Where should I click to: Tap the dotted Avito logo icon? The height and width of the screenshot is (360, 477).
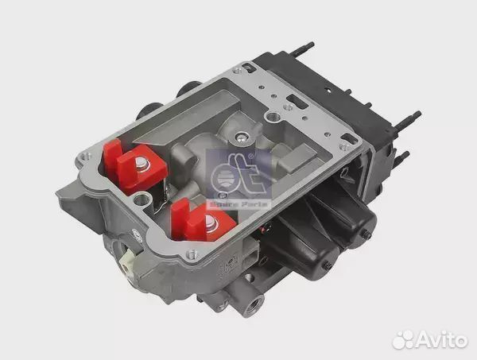pyautogui.click(x=403, y=339)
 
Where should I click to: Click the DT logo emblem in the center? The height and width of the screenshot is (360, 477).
pyautogui.click(x=238, y=175)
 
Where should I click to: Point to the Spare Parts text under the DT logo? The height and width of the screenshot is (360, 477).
pyautogui.click(x=238, y=204)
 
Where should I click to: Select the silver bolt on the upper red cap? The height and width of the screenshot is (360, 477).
pyautogui.click(x=142, y=165)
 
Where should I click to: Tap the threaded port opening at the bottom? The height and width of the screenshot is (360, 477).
pyautogui.click(x=254, y=305)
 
